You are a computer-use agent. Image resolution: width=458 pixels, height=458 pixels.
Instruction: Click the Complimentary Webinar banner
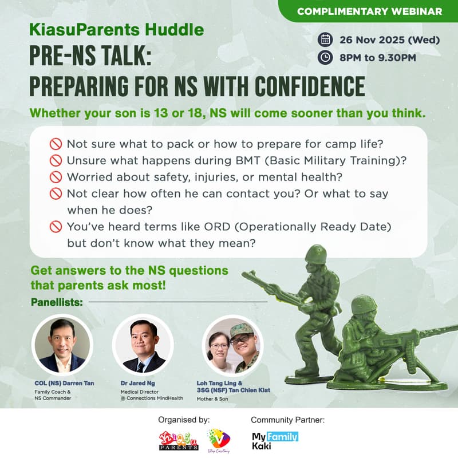370,11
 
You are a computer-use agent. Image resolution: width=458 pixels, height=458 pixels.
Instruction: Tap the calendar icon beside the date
326,40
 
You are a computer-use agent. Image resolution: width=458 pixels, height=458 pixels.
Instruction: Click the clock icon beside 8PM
326,57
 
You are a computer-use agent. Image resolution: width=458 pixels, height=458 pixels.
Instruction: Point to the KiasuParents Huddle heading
117,30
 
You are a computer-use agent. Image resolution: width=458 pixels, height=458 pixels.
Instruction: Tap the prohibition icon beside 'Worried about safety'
56,177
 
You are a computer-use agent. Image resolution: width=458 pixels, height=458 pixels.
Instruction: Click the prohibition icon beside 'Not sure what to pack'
56,144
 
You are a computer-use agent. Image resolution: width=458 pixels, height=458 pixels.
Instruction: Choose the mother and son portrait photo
233,345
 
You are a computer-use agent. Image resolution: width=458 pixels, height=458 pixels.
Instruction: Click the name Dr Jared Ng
144,382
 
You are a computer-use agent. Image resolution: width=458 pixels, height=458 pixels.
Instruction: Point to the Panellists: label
56,301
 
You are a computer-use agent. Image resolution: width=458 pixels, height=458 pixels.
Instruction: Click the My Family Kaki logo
275,441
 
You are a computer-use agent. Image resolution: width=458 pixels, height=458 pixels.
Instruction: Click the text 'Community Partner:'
287,420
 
